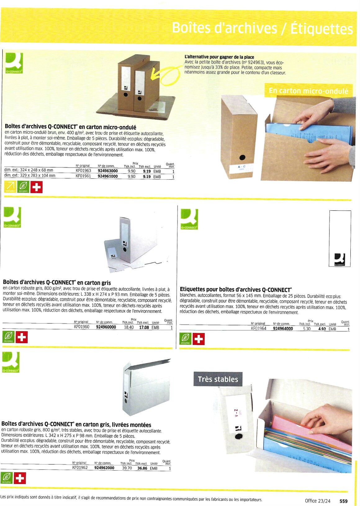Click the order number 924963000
(108, 171)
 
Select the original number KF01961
(83, 176)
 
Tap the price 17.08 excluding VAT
(144, 327)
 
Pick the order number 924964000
(283, 329)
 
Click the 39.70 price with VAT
(127, 468)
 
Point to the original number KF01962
(80, 468)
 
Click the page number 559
(344, 501)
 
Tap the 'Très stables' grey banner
(218, 379)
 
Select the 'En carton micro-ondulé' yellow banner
(308, 91)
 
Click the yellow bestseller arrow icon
(10, 187)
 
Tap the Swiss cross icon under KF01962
(20, 478)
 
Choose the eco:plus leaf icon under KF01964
(185, 339)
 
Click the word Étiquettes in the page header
(321, 29)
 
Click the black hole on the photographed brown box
(242, 157)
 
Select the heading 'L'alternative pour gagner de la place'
(219, 57)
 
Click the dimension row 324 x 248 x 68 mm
(29, 170)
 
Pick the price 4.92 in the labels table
(322, 329)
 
